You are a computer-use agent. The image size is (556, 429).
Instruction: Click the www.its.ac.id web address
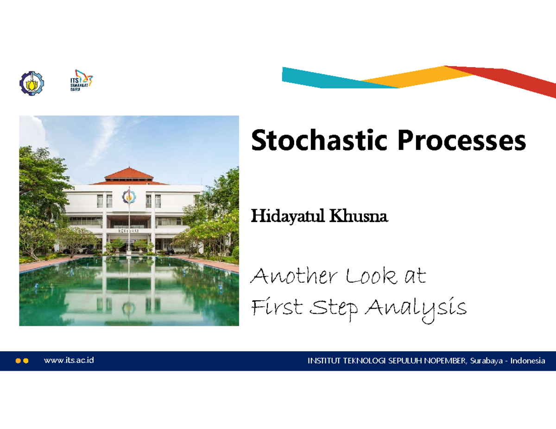pyautogui.click(x=69, y=360)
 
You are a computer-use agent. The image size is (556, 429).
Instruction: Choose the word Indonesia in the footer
pyautogui.click(x=527, y=361)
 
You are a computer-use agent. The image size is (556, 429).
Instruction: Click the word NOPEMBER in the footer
pyautogui.click(x=444, y=361)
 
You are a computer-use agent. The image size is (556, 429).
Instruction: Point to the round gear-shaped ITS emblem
pyautogui.click(x=31, y=84)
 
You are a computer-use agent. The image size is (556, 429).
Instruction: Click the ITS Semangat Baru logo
pyautogui.click(x=78, y=82)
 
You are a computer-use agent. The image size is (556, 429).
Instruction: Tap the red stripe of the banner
pyautogui.click(x=514, y=81)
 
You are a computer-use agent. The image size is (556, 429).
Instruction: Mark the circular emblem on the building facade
pyautogui.click(x=128, y=196)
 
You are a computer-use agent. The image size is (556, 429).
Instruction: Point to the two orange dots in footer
pyautogui.click(x=22, y=361)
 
